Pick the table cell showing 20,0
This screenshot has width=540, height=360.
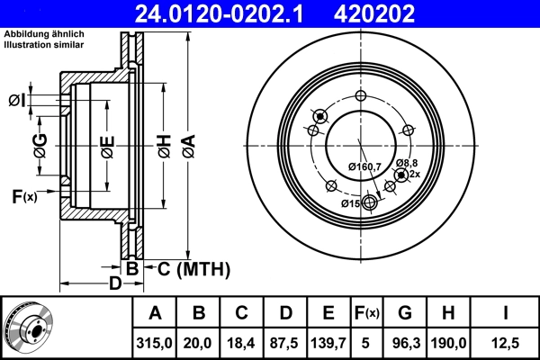(x=200, y=343)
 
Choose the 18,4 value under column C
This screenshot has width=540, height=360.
(x=242, y=343)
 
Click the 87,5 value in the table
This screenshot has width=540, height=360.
(x=285, y=343)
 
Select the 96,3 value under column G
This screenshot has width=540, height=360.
(x=405, y=343)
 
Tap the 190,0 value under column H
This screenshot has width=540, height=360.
(x=450, y=343)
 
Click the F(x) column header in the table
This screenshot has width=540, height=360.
(x=367, y=313)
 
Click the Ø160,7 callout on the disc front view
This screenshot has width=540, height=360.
(x=364, y=166)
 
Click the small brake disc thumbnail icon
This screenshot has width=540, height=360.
(x=29, y=328)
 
